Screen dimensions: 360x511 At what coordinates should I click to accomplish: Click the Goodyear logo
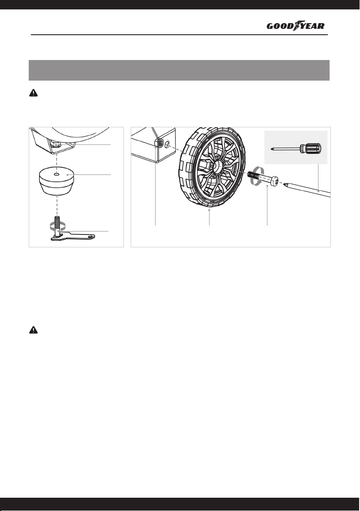pos(295,26)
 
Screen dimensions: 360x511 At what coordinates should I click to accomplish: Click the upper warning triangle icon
pos(33,93)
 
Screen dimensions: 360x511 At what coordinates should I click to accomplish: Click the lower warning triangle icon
pos(33,330)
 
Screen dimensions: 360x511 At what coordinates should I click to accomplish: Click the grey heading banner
pos(179,70)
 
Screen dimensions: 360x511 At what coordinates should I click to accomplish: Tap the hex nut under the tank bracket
pos(57,144)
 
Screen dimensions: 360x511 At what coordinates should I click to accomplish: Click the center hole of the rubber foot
pos(57,174)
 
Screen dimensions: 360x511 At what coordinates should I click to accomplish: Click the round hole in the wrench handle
pos(89,236)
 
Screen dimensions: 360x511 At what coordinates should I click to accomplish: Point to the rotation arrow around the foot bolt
pos(57,225)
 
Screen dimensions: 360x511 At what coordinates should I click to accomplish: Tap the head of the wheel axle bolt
pos(275,181)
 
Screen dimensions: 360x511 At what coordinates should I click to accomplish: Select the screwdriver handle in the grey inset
pos(311,149)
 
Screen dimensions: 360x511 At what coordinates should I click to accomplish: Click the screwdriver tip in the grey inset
pos(273,148)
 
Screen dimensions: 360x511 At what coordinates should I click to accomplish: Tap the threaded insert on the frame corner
pos(159,142)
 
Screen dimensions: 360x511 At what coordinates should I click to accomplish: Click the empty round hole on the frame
pos(168,144)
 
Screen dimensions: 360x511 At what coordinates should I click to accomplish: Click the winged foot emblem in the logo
pos(297,25)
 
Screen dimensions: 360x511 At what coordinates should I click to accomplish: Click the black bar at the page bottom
pos(180,504)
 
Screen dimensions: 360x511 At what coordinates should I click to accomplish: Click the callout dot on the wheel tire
pos(209,210)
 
